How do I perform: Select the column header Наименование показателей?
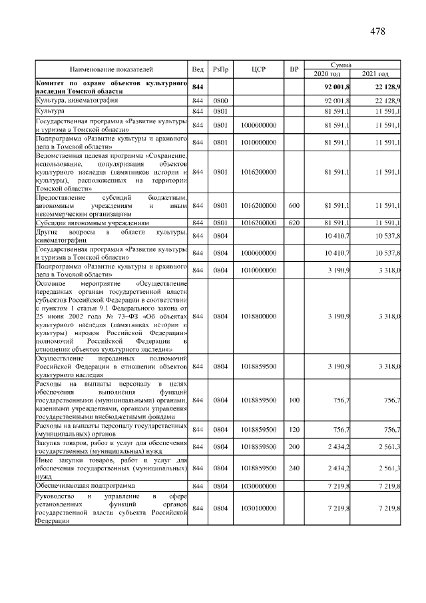click(111, 69)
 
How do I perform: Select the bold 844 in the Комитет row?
click(198, 87)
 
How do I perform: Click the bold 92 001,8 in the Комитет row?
click(339, 87)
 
